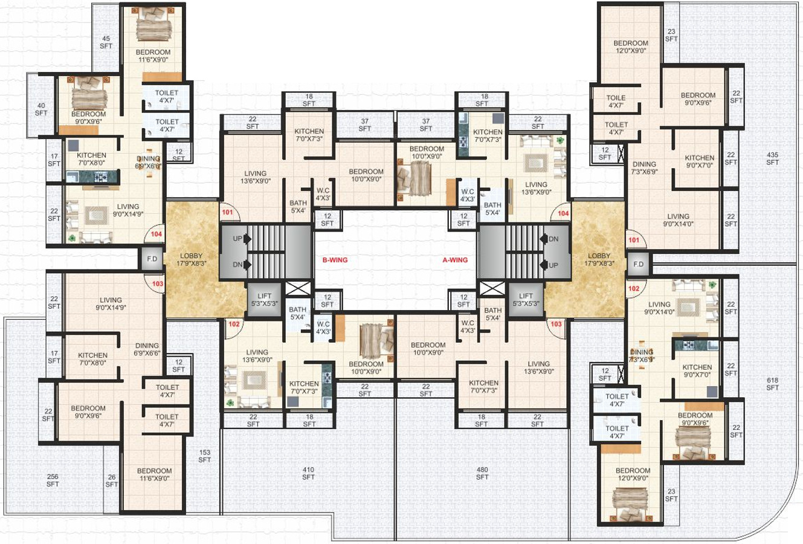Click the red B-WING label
pos(335,260)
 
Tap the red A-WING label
pos(455,260)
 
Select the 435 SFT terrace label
pos(773,158)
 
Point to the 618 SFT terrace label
pos(773,384)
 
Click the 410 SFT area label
pos(308,473)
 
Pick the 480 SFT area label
pos(482,473)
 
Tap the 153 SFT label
pos(205,456)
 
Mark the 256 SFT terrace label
pos(53,480)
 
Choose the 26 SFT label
pos(112,481)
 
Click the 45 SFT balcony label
pos(106,42)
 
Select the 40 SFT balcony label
pos(41,109)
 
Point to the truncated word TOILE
pos(616,98)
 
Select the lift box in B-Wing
pos(265,300)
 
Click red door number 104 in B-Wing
pos(156,234)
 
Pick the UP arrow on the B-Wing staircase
pos(247,239)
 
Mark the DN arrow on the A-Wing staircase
pos(544,239)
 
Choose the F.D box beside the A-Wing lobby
pos(638,264)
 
